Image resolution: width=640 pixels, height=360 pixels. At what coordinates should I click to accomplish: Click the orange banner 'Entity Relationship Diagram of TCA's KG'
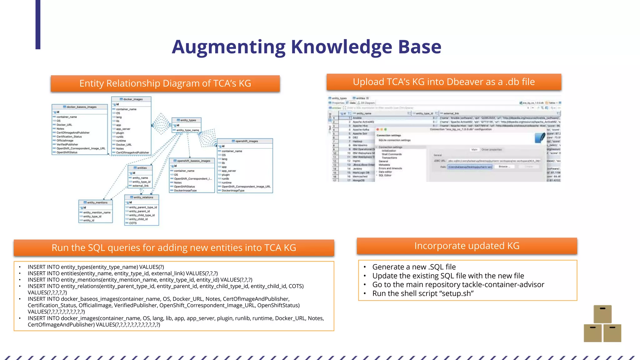point(165,83)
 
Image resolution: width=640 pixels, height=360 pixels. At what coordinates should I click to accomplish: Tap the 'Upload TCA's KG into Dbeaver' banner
point(443,82)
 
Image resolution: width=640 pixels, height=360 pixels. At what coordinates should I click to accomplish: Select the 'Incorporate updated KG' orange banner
point(467,246)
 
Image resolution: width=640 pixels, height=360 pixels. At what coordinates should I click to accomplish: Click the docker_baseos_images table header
point(80,107)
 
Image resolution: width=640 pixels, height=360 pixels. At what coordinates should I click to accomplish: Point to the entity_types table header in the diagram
point(186,120)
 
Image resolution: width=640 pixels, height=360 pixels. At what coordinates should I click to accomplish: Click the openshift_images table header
point(245,141)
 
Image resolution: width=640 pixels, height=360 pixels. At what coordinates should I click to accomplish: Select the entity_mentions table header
point(95,202)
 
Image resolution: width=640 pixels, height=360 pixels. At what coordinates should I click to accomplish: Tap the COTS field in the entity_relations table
point(133,223)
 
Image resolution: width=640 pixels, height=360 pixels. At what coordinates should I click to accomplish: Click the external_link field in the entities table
point(140,186)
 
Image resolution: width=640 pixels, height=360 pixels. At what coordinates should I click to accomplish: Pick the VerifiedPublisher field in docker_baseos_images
point(67,144)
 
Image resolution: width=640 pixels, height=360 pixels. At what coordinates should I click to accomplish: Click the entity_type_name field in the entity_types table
point(187,130)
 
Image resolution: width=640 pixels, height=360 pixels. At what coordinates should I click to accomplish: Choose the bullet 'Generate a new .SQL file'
point(414,267)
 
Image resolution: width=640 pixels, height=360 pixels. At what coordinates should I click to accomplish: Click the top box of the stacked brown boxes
point(602,314)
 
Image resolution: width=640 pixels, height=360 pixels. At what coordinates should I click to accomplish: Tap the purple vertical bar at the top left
point(38,24)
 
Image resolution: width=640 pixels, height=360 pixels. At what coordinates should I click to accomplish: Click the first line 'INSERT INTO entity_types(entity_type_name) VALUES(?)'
point(96,267)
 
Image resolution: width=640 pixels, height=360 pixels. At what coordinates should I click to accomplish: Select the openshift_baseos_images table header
point(192,161)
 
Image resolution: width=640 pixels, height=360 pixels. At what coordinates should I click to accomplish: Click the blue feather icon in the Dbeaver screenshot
point(540,137)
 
